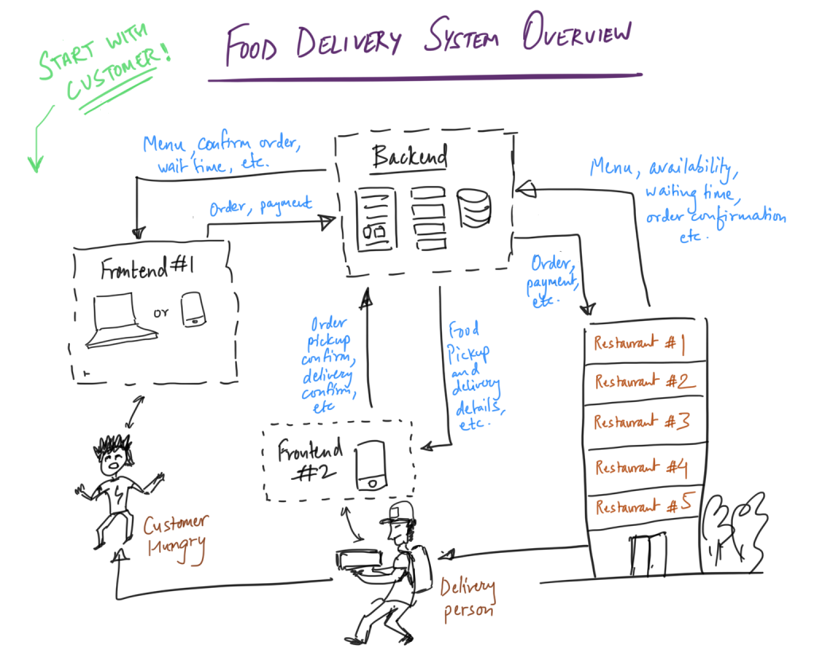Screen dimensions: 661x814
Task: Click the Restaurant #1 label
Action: tap(639, 344)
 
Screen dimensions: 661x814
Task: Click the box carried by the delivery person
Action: tap(362, 559)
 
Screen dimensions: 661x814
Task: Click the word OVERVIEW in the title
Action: tap(577, 36)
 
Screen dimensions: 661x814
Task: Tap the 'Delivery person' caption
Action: tap(468, 600)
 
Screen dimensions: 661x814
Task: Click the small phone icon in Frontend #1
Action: tap(194, 309)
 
